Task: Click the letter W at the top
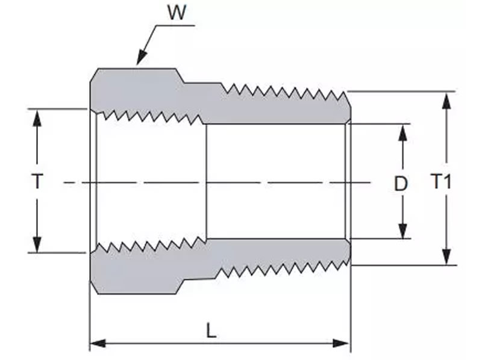177,12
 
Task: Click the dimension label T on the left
37,181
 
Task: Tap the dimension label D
401,184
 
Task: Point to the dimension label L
211,331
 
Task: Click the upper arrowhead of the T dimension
37,118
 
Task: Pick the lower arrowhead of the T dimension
37,244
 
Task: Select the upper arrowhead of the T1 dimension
446,101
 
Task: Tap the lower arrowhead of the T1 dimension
446,256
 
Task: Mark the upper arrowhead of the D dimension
402,132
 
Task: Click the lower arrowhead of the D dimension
402,231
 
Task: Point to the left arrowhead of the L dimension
98,343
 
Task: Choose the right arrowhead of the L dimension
342,343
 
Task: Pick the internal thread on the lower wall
151,245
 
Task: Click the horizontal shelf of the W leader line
175,25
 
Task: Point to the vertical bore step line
206,181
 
